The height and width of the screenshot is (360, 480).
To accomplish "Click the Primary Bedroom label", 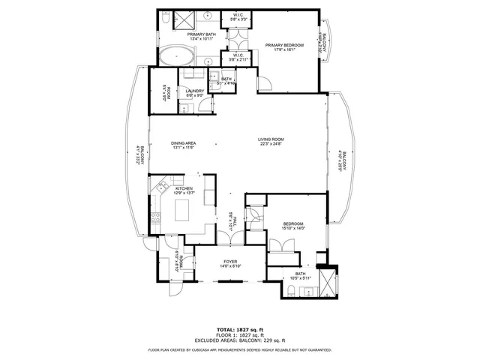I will (285, 46).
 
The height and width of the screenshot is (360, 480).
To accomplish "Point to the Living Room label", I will (271, 139).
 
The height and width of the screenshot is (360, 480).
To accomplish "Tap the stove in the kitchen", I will (154, 219).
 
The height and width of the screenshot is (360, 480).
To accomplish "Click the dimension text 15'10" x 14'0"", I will (292, 229).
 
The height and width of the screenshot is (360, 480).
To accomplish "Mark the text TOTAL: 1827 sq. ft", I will (239, 329).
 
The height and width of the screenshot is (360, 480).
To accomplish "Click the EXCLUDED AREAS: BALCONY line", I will (239, 341).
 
